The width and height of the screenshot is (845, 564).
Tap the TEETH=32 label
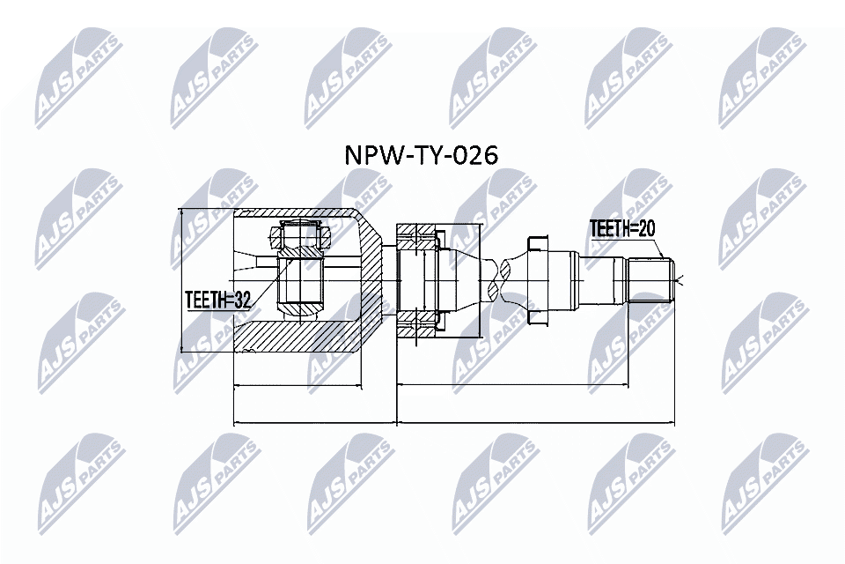[x=217, y=301]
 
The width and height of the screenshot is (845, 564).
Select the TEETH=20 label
[x=623, y=229]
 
